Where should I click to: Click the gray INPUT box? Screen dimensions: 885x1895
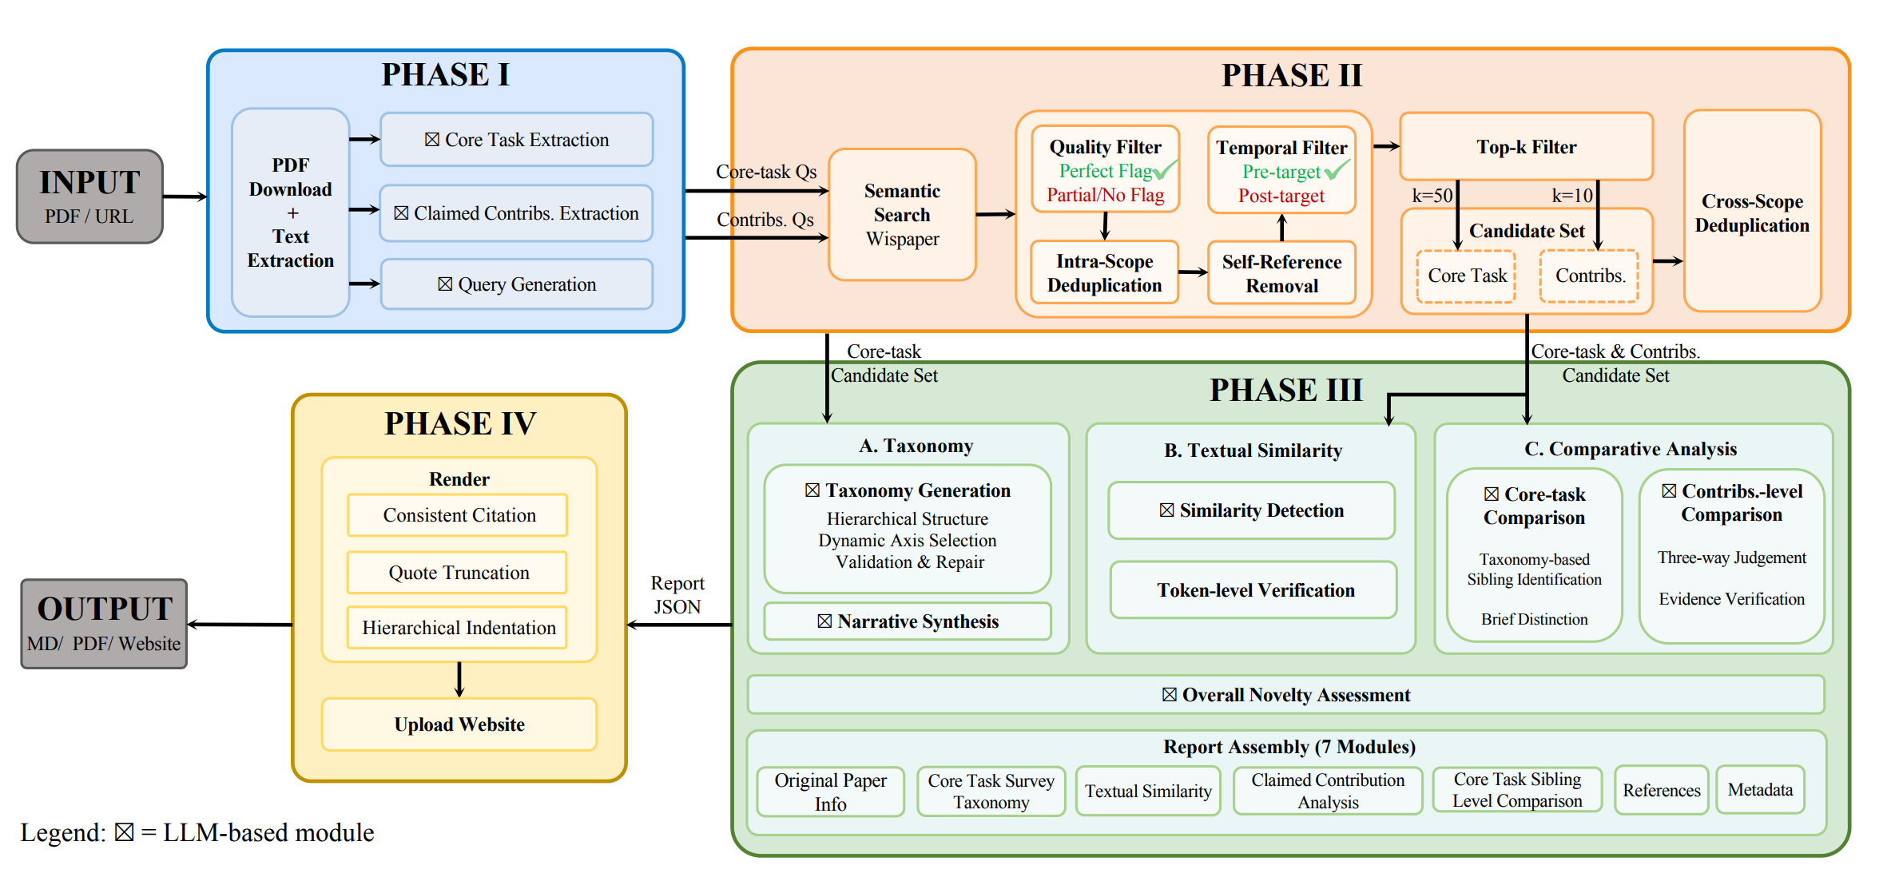tap(89, 196)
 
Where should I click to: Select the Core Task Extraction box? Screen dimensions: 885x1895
tap(517, 140)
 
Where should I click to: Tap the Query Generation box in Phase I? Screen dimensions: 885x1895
tap(517, 284)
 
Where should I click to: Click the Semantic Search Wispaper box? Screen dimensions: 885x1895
tap(902, 215)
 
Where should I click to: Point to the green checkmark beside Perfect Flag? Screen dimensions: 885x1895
tap(1166, 169)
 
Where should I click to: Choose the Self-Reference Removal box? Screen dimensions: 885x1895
tap(1281, 273)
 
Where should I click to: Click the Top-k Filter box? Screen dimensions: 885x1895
tap(1526, 147)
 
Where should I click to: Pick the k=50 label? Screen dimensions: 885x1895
tap(1432, 196)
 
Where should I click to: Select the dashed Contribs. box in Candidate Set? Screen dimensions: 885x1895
tap(1589, 276)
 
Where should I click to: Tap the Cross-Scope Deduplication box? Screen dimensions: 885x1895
tap(1752, 212)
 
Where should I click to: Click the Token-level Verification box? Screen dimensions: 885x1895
tap(1254, 590)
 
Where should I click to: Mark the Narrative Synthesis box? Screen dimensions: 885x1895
tap(908, 621)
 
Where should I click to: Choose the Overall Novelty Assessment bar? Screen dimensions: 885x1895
tap(1285, 695)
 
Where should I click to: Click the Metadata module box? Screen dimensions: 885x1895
tap(1760, 790)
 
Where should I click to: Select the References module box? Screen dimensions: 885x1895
tap(1661, 790)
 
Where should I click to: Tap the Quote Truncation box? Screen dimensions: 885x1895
tap(458, 573)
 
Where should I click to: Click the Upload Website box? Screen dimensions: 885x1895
tap(459, 724)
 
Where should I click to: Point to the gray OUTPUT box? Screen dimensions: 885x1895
tap(104, 624)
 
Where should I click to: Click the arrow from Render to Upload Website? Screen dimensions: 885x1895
tap(459, 680)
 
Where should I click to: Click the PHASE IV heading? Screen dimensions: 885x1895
tap(460, 423)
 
